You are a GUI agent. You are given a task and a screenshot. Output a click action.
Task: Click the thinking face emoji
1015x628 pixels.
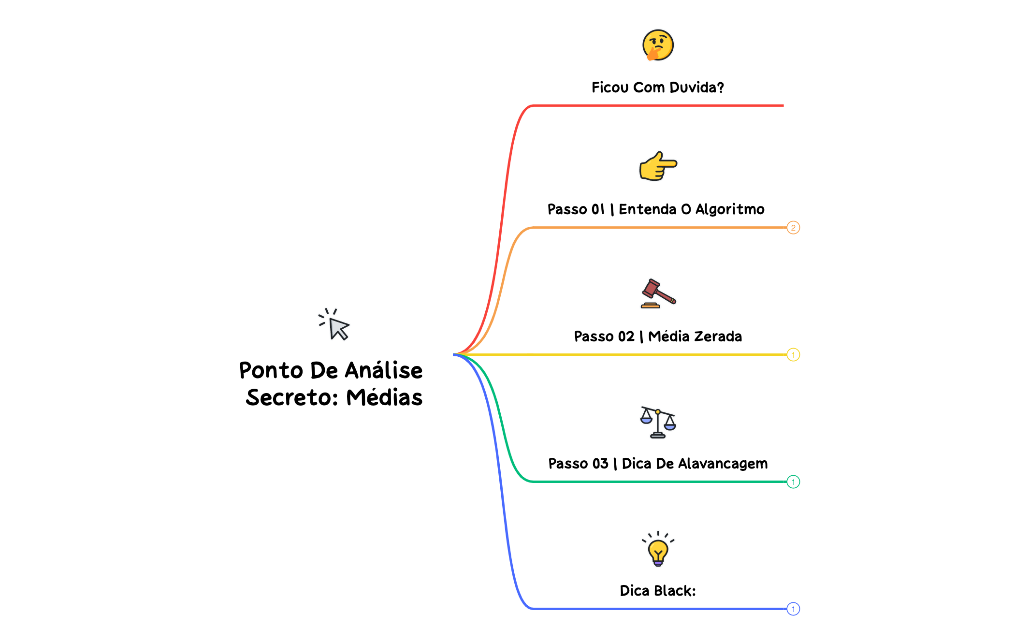point(658,45)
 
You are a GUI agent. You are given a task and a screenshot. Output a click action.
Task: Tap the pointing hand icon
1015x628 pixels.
point(658,166)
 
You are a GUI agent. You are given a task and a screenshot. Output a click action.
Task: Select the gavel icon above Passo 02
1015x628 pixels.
point(658,293)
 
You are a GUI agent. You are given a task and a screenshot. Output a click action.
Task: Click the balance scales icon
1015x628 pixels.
point(658,422)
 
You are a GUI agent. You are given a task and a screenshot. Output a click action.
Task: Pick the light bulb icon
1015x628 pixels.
point(658,550)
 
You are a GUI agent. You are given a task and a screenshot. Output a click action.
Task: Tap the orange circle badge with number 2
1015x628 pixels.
point(793,228)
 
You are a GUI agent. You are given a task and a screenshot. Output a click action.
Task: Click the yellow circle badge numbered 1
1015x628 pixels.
point(793,355)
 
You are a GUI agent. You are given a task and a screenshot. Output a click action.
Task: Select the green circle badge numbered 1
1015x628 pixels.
point(793,482)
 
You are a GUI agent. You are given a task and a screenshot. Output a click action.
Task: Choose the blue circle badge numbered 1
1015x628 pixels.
point(793,609)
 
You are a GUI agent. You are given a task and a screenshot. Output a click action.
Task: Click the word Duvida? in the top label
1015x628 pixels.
point(696,88)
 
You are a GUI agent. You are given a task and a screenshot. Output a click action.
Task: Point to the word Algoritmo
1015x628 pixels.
point(730,209)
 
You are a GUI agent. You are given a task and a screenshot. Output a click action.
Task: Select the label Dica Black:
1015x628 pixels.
point(658,591)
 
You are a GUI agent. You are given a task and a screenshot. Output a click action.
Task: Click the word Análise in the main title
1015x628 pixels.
point(384,371)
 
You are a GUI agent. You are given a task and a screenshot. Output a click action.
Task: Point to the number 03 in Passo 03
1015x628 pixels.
point(600,464)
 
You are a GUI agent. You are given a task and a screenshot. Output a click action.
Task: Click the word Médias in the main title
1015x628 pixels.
point(384,398)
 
